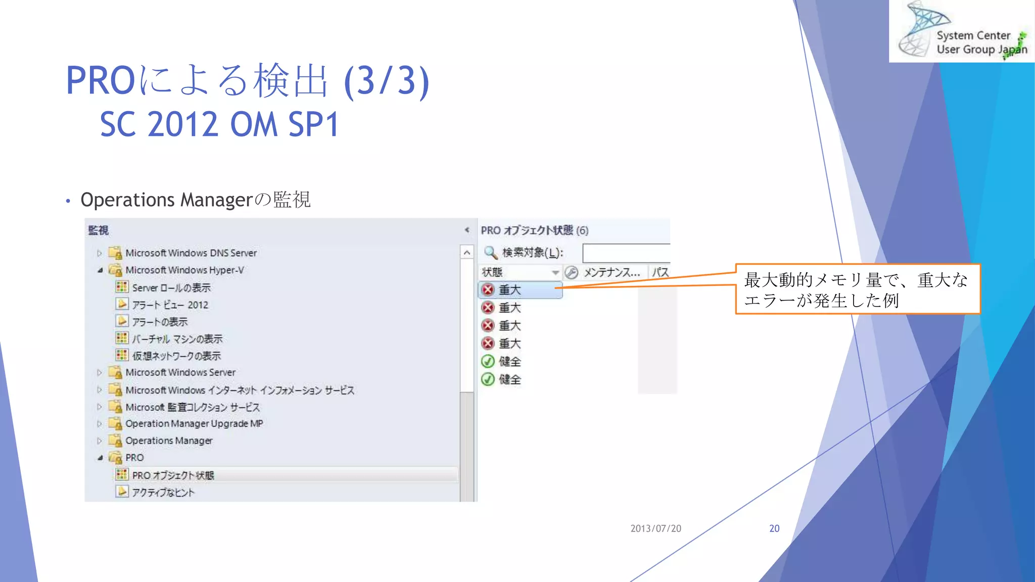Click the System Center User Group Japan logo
pyautogui.click(x=961, y=31)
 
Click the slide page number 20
pyautogui.click(x=774, y=528)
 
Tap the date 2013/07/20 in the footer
pyautogui.click(x=655, y=528)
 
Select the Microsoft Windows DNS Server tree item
pyautogui.click(x=191, y=253)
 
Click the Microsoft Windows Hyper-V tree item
pyautogui.click(x=184, y=270)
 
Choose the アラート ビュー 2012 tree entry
pyautogui.click(x=170, y=305)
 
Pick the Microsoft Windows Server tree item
pyautogui.click(x=180, y=372)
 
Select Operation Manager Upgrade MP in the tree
pyautogui.click(x=194, y=423)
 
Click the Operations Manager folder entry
pyautogui.click(x=169, y=441)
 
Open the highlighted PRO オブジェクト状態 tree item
pyautogui.click(x=173, y=475)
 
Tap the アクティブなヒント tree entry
pyautogui.click(x=163, y=492)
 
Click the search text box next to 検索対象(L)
pyautogui.click(x=626, y=253)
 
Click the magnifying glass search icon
pyautogui.click(x=490, y=252)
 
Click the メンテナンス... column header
pyautogui.click(x=611, y=272)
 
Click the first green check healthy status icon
pyautogui.click(x=488, y=362)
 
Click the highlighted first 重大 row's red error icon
pyautogui.click(x=488, y=290)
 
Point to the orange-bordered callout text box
pyautogui.click(x=857, y=289)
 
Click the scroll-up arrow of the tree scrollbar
pyautogui.click(x=467, y=253)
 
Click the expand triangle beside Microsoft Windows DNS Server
pyautogui.click(x=100, y=253)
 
